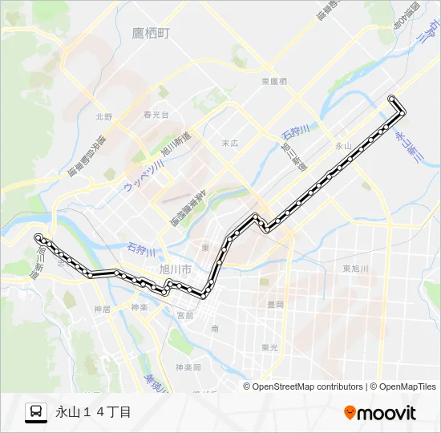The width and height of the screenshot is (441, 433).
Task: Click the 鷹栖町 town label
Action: click(151, 33)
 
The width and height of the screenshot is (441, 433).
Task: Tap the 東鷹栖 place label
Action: click(274, 82)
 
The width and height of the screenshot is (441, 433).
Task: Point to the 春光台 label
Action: click(156, 115)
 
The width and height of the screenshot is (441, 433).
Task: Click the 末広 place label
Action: click(230, 143)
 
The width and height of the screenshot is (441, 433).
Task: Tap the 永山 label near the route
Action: click(343, 145)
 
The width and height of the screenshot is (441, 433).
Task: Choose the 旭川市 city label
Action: click(175, 269)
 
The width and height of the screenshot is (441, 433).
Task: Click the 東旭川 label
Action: click(354, 269)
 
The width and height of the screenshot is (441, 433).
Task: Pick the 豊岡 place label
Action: click(275, 304)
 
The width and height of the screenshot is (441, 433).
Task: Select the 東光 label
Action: click(269, 347)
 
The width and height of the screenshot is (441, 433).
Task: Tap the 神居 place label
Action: click(101, 309)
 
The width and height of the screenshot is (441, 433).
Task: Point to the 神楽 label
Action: click(139, 307)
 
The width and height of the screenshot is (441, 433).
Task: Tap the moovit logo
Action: click(380, 413)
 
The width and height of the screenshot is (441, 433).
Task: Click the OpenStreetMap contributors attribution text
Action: click(307, 386)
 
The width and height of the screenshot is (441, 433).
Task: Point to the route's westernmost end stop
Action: click(38, 237)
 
